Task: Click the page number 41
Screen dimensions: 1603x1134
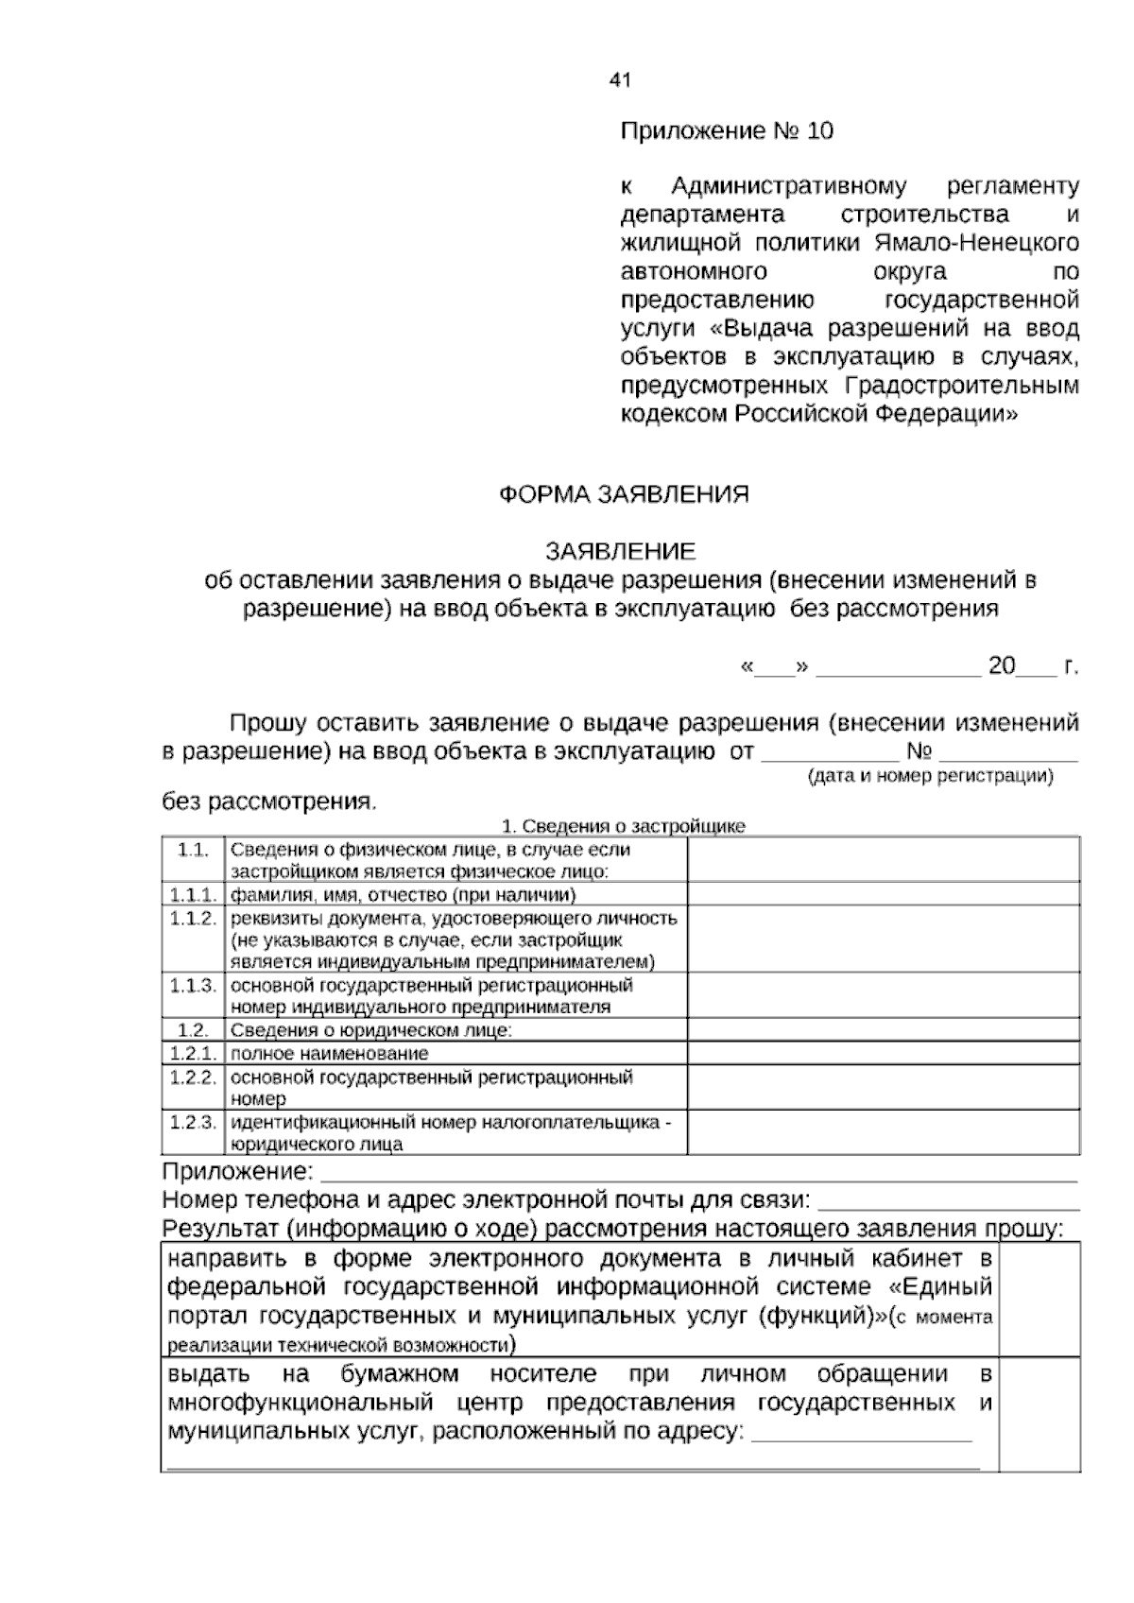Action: click(619, 80)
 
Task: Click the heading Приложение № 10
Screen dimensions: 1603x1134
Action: click(726, 130)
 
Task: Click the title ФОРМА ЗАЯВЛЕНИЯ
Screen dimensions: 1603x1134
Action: click(624, 494)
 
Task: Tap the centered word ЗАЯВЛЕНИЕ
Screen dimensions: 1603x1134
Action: click(620, 551)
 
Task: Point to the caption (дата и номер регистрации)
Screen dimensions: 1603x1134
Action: click(930, 776)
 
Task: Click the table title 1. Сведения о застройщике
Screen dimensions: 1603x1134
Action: click(623, 826)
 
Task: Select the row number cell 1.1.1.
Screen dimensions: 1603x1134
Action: click(193, 894)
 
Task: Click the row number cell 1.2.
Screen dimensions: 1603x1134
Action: click(193, 1030)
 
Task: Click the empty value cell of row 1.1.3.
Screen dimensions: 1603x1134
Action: click(884, 995)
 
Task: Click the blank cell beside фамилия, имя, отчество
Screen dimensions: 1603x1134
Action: click(884, 894)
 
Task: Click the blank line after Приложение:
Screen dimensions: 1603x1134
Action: click(699, 1174)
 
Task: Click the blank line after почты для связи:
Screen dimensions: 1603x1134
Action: click(947, 1202)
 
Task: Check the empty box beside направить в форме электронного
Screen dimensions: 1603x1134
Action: click(1039, 1300)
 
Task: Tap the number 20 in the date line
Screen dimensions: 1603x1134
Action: click(1001, 666)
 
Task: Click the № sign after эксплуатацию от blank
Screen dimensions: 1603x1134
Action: click(919, 752)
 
